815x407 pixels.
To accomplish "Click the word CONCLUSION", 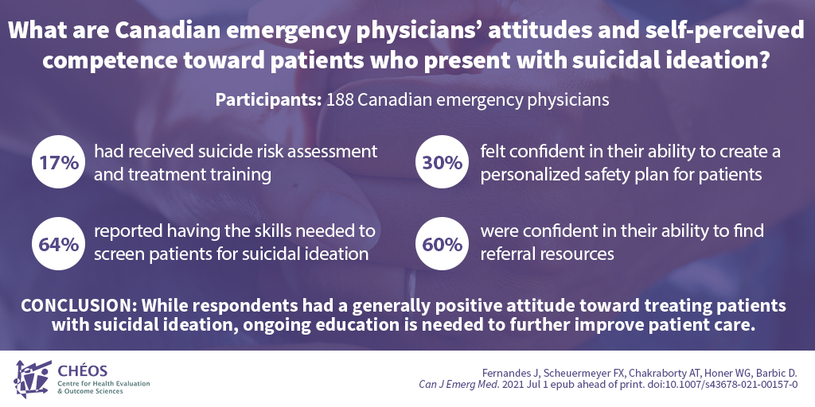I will coord(76,306).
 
